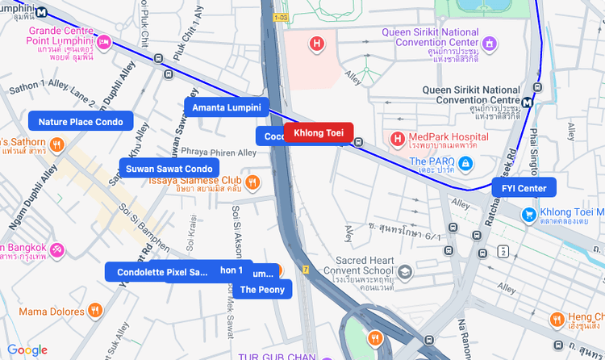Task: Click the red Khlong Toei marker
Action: click(318, 132)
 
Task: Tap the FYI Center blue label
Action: click(524, 188)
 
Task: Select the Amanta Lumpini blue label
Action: click(226, 107)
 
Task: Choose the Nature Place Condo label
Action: click(80, 121)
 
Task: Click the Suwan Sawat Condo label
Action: click(169, 168)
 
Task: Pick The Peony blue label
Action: click(262, 289)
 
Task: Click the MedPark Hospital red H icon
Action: click(397, 140)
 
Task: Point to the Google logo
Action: click(27, 350)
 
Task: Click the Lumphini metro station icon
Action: click(41, 11)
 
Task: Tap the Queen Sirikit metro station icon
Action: click(527, 103)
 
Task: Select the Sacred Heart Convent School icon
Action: click(406, 273)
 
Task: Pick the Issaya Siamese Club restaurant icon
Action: click(252, 182)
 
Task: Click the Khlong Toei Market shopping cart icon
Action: click(528, 214)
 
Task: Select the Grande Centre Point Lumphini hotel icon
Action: click(104, 41)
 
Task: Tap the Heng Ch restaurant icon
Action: click(557, 320)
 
